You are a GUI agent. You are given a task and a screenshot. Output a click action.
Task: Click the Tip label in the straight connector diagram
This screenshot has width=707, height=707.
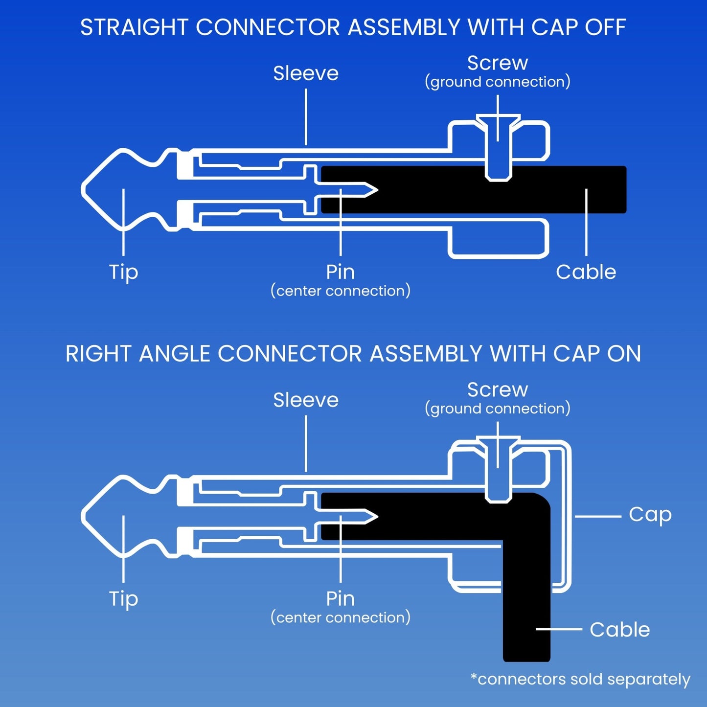(x=123, y=272)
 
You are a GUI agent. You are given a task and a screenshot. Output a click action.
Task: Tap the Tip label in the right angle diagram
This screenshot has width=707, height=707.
(x=123, y=599)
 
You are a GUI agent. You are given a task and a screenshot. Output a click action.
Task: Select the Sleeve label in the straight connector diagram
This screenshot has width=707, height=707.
(x=306, y=73)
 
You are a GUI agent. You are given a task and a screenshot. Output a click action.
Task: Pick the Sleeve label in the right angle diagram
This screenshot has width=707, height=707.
(x=306, y=400)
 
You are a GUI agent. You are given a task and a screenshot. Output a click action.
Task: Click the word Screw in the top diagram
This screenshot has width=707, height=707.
(x=498, y=63)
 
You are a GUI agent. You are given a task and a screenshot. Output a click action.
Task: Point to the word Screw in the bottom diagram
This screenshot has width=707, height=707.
(x=498, y=390)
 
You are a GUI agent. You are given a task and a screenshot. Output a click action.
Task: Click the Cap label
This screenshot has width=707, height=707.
(x=650, y=515)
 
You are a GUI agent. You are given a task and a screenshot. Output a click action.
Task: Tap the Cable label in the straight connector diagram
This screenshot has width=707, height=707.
(x=586, y=272)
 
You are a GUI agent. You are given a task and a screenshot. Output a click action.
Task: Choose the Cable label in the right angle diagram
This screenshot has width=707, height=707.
(x=619, y=630)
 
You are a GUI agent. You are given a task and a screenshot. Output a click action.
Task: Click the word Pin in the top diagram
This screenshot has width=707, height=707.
(x=341, y=272)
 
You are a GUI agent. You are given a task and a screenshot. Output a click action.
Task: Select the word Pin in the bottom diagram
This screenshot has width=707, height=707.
(x=341, y=599)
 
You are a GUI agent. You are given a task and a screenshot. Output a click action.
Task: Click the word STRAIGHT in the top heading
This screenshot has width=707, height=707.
(x=134, y=27)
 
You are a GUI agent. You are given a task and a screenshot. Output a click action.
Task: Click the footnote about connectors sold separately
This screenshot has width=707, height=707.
(x=580, y=679)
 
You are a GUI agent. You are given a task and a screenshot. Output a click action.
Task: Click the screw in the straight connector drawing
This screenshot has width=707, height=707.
(x=498, y=147)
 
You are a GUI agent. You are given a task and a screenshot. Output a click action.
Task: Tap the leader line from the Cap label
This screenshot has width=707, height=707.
(x=597, y=516)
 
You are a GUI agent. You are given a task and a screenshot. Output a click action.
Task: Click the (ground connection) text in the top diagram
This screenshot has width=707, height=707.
(x=498, y=82)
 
